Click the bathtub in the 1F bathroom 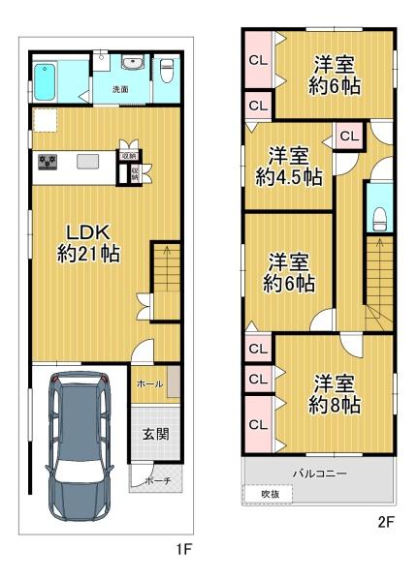point(49,77)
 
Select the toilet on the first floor point(167,71)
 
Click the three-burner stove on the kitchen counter point(48,162)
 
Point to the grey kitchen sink point(86,162)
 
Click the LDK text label point(90,232)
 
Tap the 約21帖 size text point(88,255)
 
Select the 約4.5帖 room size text point(289,177)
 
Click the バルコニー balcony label point(321,473)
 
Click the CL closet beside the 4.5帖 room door point(348,137)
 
